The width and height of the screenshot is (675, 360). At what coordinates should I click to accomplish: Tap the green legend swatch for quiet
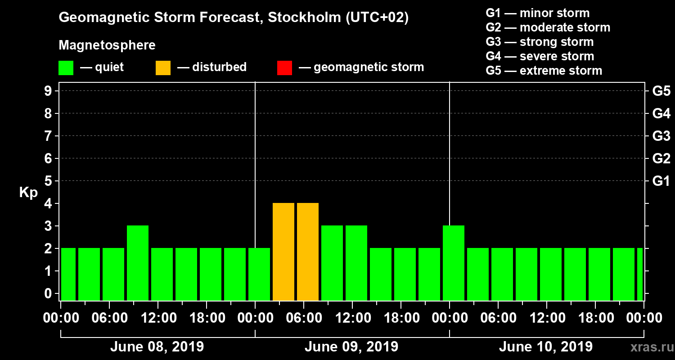point(66,67)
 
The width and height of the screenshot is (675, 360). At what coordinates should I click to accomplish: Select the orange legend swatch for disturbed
point(163,67)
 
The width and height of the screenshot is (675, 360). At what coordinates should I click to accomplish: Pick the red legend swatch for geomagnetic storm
point(284,67)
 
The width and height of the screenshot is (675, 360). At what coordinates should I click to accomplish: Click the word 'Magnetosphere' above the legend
point(107,45)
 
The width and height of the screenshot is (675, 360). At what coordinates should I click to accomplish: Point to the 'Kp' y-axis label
point(28,192)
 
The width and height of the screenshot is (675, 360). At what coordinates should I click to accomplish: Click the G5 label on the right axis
point(661,91)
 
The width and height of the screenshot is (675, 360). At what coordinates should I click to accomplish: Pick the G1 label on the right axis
point(661,181)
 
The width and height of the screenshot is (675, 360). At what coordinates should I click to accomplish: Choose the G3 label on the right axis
point(661,136)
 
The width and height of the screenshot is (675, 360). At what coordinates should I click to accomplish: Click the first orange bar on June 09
point(283,252)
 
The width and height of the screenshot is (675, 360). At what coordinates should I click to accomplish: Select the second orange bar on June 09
point(308,252)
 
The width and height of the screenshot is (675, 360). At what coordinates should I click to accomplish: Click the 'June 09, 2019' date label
point(351,347)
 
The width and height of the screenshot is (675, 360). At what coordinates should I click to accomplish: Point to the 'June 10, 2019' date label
point(546,347)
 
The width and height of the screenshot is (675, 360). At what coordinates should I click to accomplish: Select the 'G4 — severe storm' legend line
point(540,56)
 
